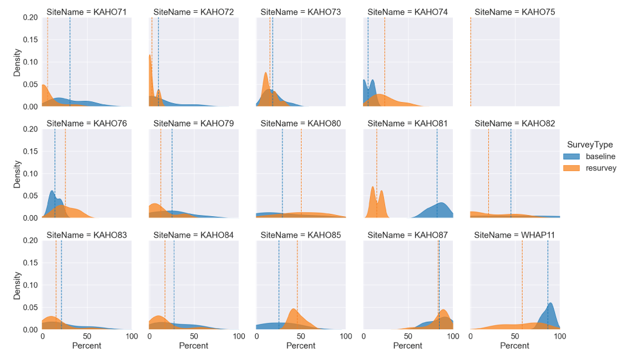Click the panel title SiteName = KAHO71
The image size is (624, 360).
coord(86,12)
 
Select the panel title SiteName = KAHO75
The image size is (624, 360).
coord(514,12)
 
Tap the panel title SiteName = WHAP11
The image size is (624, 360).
coord(514,235)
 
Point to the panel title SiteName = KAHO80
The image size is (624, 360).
coord(300,123)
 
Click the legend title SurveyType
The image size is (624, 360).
coord(589,145)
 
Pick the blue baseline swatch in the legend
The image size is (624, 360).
coord(572,157)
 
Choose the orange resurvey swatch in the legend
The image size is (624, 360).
coord(572,168)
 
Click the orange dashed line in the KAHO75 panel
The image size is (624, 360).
coord(470,58)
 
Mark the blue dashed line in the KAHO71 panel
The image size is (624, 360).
coord(70,58)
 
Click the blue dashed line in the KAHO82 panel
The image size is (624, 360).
coord(511,174)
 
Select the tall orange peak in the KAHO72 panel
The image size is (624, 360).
coord(150,56)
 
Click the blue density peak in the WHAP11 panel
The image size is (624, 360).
coord(550,304)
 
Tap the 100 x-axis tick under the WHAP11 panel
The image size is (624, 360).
coord(560,336)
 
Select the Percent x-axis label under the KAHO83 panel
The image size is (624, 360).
coord(86,346)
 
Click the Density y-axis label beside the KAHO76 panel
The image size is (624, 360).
coord(17,173)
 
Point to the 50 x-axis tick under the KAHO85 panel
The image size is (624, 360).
coord(301,336)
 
